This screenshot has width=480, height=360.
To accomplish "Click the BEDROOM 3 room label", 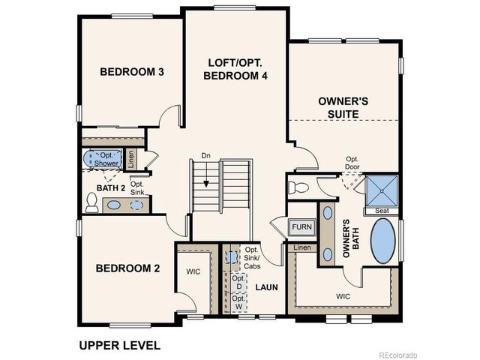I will (132, 72).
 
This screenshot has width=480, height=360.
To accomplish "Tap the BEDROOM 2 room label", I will (127, 268).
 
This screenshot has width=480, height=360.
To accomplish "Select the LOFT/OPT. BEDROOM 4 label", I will (238, 69).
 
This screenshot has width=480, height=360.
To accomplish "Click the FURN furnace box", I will (301, 226).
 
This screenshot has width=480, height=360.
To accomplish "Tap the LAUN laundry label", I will (266, 286).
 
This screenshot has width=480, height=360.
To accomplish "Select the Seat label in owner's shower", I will (382, 211).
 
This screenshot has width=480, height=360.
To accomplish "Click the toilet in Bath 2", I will (91, 202).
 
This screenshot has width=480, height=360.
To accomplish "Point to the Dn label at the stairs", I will (205, 156).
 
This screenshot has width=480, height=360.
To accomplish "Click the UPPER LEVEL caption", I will (119, 346).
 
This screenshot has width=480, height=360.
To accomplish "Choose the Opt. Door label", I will (352, 163).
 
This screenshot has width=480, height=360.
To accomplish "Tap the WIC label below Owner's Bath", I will (343, 297).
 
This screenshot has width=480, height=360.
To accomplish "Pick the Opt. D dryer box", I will (238, 283).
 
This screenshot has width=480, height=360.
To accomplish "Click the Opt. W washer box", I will (238, 303).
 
